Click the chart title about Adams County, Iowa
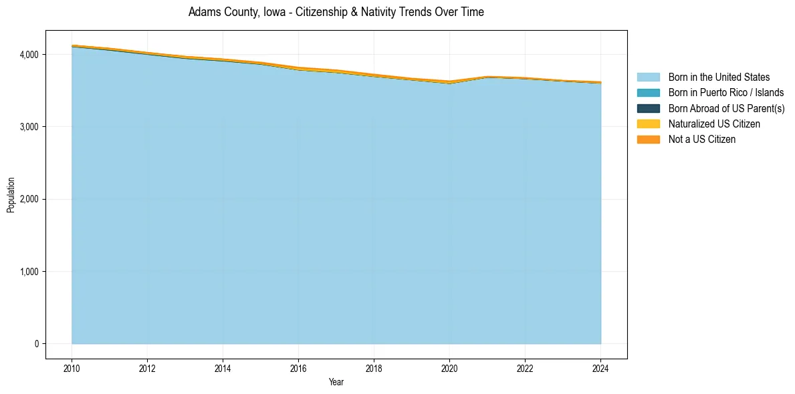pos(336,12)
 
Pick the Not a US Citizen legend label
pos(701,140)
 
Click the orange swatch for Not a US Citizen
pos(648,140)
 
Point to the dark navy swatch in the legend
pos(648,108)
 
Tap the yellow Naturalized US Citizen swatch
pos(648,124)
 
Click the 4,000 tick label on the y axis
pos(29,54)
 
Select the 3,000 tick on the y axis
pos(29,127)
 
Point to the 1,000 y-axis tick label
pos(29,272)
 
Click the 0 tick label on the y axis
pos(37,344)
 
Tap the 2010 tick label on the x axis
pos(72,367)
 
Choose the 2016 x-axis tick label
pos(298,367)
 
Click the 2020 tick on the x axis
pos(449,367)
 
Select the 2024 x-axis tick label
pos(600,367)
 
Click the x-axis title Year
pos(336,382)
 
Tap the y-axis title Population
pos(11,195)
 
